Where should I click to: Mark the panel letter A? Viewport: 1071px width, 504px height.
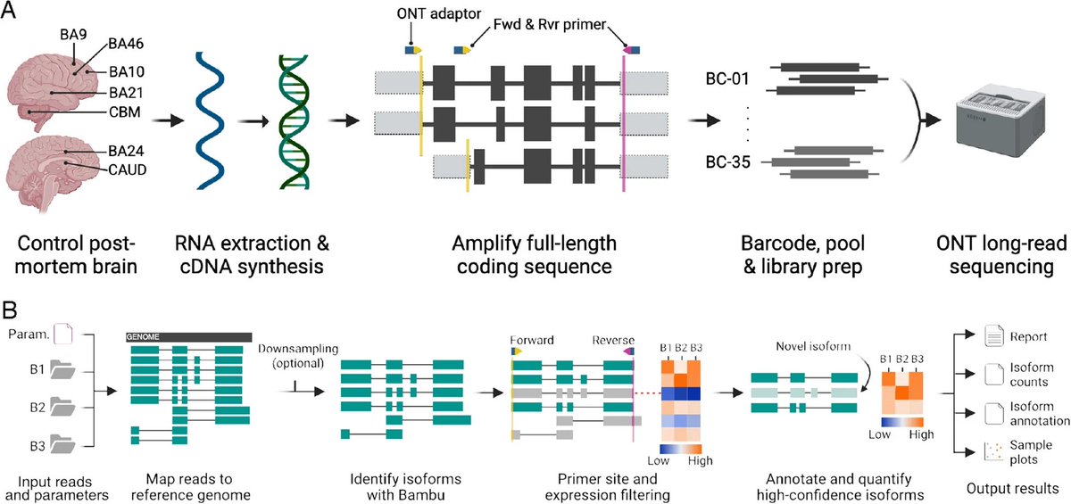(x=12, y=12)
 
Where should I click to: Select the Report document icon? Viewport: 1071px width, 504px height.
(x=972, y=337)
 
